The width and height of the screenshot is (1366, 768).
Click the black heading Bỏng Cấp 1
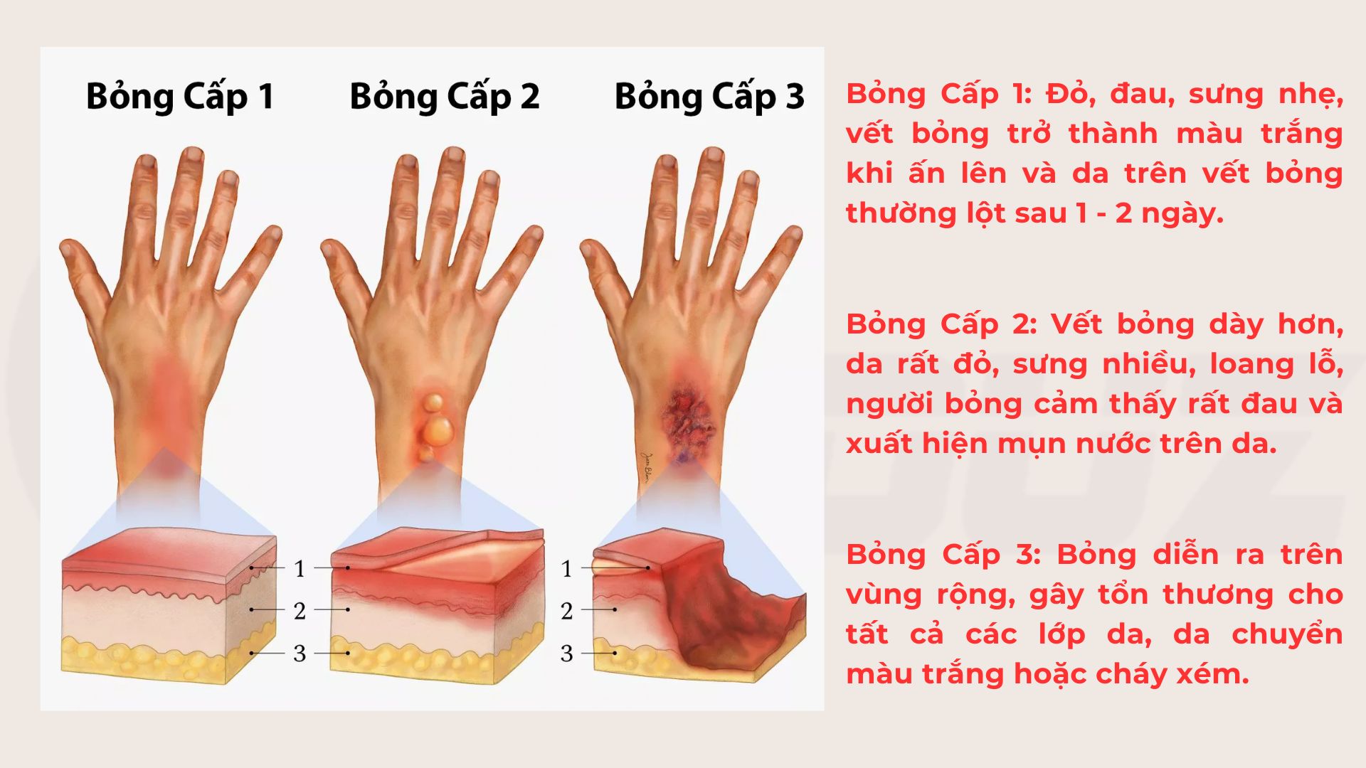pyautogui.click(x=180, y=97)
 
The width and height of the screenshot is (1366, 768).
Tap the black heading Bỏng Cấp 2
pyautogui.click(x=445, y=97)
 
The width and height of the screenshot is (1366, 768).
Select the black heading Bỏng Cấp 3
pyautogui.click(x=709, y=97)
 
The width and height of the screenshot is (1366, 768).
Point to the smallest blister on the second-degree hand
pyautogui.click(x=426, y=453)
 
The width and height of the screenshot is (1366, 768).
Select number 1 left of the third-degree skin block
pyautogui.click(x=566, y=569)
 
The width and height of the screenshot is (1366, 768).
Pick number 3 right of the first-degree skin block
pyautogui.click(x=300, y=654)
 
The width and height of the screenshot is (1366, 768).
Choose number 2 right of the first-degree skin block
pyautogui.click(x=300, y=611)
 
